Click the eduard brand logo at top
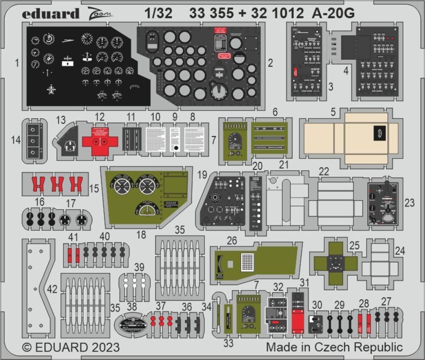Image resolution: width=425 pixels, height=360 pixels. (x=51, y=14)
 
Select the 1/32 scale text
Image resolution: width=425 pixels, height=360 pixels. (x=158, y=14)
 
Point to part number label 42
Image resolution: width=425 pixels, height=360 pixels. (x=52, y=289)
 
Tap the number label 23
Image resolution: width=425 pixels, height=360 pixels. (x=409, y=203)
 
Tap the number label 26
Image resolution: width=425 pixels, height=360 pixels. (x=232, y=241)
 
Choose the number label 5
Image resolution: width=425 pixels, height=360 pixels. (x=334, y=113)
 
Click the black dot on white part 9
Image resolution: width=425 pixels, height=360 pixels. (x=176, y=148)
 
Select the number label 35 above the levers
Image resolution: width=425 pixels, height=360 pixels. (x=180, y=230)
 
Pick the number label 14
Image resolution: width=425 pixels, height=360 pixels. (x=16, y=139)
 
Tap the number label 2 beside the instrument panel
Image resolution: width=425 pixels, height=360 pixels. (x=270, y=64)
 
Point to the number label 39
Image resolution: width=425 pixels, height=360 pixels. (x=139, y=267)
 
